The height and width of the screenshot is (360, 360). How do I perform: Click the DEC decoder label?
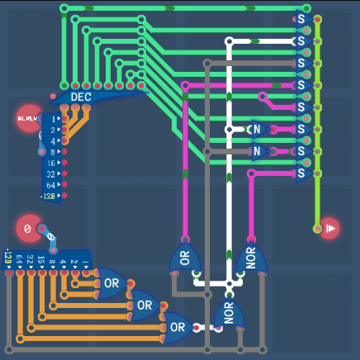(x=80, y=97)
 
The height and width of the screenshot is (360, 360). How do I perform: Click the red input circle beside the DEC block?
(x=29, y=118)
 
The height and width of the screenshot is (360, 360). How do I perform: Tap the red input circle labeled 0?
(x=27, y=228)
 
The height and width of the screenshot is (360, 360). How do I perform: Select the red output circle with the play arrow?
(x=329, y=228)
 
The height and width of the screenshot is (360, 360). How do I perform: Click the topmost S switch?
(x=301, y=17)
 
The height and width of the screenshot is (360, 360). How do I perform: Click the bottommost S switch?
(x=301, y=173)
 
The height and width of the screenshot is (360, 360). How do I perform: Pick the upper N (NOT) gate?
(x=257, y=130)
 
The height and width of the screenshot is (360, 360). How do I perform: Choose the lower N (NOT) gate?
(x=257, y=152)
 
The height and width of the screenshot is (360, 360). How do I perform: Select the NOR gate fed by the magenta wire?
(x=251, y=259)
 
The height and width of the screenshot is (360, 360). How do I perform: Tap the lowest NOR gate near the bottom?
(x=228, y=315)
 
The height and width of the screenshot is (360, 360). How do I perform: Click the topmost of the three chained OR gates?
(x=111, y=283)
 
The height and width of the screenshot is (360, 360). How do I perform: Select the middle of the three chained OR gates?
(x=144, y=305)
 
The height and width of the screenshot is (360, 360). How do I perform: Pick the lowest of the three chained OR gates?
(x=178, y=327)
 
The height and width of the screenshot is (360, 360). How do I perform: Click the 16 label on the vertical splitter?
(x=50, y=163)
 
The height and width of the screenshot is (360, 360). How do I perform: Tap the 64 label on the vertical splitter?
(x=50, y=186)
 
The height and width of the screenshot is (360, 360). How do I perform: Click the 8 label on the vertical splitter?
(x=52, y=153)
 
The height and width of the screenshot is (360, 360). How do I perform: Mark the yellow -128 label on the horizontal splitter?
(x=8, y=259)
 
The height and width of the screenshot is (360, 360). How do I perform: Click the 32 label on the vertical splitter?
(x=50, y=174)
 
